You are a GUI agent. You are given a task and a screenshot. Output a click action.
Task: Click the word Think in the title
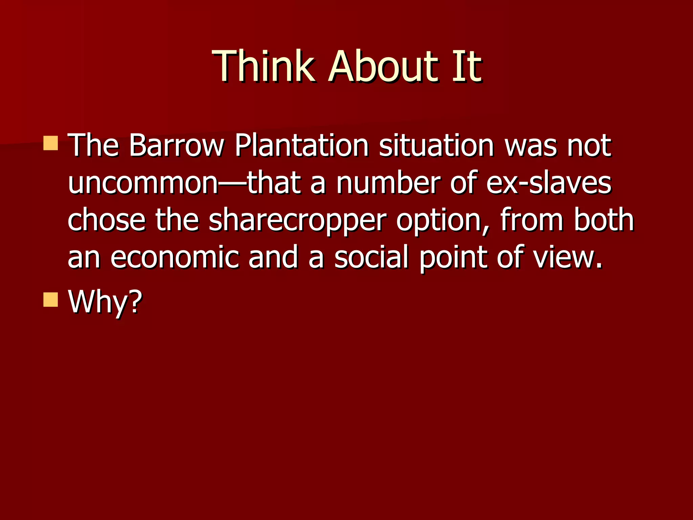[264, 66]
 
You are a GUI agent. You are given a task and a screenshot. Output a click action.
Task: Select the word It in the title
[467, 66]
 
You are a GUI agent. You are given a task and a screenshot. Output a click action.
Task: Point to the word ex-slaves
[549, 183]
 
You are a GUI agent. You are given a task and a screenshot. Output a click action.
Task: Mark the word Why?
[105, 301]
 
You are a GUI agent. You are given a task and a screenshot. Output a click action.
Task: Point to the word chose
[107, 221]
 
